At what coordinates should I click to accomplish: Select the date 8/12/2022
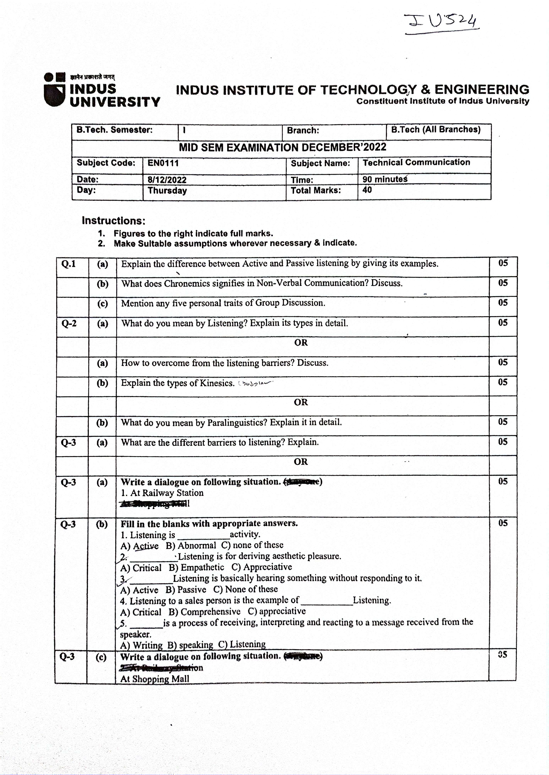(167, 180)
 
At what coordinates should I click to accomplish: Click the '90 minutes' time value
(385, 179)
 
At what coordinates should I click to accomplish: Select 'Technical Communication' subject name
(416, 162)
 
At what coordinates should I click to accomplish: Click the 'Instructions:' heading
(114, 221)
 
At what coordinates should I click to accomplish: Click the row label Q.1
(69, 264)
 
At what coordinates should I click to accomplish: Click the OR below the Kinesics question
(301, 402)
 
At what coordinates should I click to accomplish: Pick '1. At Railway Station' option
(162, 493)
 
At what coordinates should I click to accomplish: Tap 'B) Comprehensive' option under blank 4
(204, 612)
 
